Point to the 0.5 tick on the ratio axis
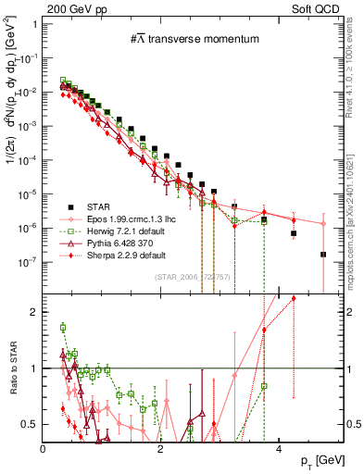tap(31, 424)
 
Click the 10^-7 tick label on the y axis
tap(28, 262)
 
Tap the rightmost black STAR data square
tap(322, 255)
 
